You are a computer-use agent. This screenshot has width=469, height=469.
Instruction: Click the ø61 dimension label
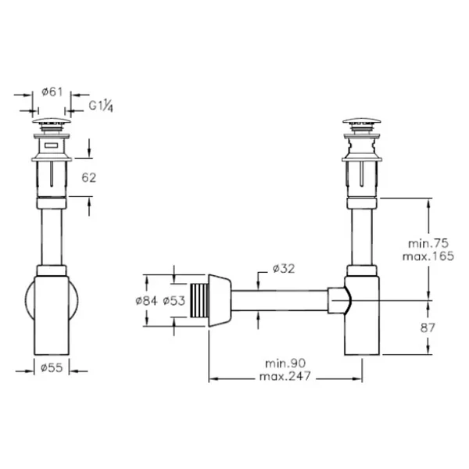[52, 91]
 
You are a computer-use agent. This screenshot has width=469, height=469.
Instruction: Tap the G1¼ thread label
[101, 106]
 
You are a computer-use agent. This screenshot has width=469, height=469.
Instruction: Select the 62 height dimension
[89, 177]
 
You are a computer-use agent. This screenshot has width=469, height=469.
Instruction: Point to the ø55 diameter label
[52, 367]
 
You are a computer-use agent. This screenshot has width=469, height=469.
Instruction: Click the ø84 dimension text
[146, 301]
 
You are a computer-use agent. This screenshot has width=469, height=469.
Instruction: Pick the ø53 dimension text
[174, 301]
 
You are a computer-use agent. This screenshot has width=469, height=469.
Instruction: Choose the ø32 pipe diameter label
[284, 268]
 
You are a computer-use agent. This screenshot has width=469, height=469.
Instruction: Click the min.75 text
[428, 243]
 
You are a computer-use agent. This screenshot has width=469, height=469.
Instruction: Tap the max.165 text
[428, 256]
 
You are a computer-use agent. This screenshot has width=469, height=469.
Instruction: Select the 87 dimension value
[427, 328]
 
